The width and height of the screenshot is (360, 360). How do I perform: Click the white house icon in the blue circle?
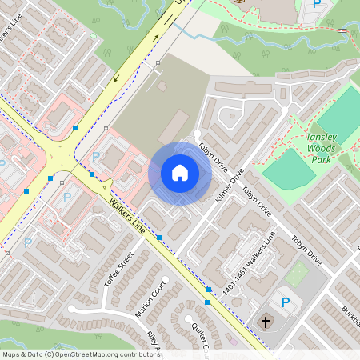point(180,173)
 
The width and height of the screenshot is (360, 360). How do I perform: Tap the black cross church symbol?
point(265,322)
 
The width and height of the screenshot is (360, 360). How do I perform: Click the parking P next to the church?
point(285,302)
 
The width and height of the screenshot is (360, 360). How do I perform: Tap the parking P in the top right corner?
point(317,5)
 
